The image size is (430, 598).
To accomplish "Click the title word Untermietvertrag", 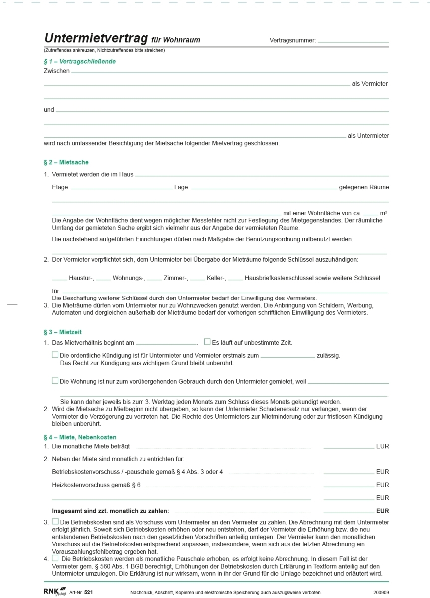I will tap(96, 39).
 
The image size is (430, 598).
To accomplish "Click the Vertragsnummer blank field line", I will tap(353, 42).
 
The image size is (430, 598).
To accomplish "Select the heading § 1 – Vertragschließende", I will tap(80, 62).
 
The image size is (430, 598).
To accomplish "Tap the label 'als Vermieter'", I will tap(369, 84).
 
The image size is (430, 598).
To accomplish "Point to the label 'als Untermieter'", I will tap(368, 136).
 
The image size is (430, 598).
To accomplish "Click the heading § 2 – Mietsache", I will tap(66, 162).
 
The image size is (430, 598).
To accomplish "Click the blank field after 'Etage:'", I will tap(122, 189).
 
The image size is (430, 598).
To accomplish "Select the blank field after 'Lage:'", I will tap(264, 189).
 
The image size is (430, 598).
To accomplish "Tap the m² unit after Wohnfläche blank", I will tap(384, 213).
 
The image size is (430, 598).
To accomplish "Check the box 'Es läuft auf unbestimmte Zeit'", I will tap(207, 342).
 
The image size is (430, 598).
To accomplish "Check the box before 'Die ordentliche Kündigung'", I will tap(55, 355).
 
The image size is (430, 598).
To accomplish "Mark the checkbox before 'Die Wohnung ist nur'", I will tap(55, 380).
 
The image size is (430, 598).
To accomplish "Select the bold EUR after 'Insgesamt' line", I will tap(382, 511).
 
